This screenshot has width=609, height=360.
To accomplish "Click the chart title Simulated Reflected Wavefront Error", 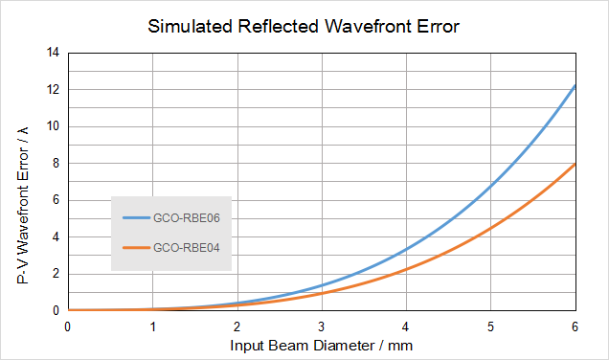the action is [304, 27].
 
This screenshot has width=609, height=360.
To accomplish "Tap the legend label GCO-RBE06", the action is [187, 218].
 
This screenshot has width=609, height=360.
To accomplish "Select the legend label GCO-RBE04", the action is [187, 247].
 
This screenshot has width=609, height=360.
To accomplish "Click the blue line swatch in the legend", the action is [136, 218].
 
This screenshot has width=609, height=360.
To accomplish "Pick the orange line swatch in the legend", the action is [136, 247].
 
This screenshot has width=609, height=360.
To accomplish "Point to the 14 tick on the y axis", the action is [53, 53].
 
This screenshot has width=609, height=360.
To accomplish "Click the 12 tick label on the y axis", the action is [53, 89].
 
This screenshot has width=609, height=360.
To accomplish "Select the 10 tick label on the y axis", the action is [53, 126].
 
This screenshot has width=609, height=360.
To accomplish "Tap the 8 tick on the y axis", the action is [56, 163].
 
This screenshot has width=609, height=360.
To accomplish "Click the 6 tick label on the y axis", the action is [56, 200].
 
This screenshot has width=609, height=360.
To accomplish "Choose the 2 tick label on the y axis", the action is [56, 274].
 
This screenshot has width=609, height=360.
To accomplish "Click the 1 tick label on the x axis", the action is [152, 327].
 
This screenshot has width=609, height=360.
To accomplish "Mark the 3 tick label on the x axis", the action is [322, 327].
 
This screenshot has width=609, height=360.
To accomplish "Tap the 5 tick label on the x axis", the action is [490, 327].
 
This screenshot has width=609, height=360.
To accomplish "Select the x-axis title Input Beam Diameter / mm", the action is [321, 346].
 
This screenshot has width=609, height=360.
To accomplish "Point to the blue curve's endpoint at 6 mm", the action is [575, 85].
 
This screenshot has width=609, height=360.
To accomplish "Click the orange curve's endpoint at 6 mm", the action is [575, 165].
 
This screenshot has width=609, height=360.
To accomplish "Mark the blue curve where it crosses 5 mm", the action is [490, 187].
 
